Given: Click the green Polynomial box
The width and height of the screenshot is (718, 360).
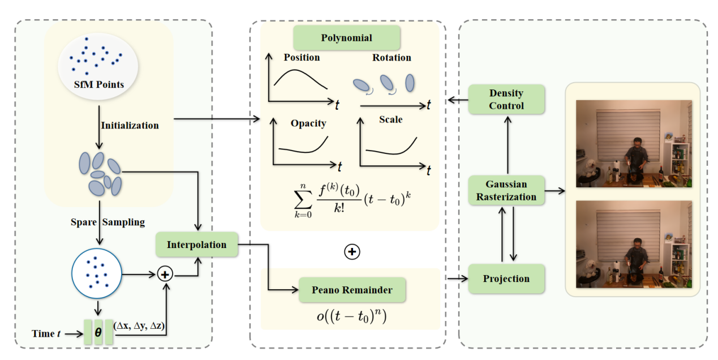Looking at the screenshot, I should coord(346,38).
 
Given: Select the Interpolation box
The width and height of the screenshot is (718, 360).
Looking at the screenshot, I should coord(196,245).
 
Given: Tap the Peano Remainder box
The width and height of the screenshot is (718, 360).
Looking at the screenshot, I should coord(351,290).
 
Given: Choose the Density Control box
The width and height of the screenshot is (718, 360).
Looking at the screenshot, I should coord(507,99).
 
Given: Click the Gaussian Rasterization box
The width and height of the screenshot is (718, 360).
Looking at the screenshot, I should coord(506,190).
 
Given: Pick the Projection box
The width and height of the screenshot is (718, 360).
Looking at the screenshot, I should coord(506,278).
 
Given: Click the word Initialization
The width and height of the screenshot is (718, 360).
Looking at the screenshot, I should coord(130,125).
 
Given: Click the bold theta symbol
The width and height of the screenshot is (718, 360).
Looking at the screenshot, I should coord(98,333).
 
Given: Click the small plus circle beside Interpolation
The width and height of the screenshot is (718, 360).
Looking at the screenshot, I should coord(165,275).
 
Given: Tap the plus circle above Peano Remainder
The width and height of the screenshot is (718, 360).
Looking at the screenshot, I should coord(352,252).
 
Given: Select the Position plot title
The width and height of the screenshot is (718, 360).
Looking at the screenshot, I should coord(302,57).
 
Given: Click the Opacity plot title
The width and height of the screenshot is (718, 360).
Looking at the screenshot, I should coord(308,123).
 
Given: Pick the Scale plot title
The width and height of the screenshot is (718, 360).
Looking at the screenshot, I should coord(390,119).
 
